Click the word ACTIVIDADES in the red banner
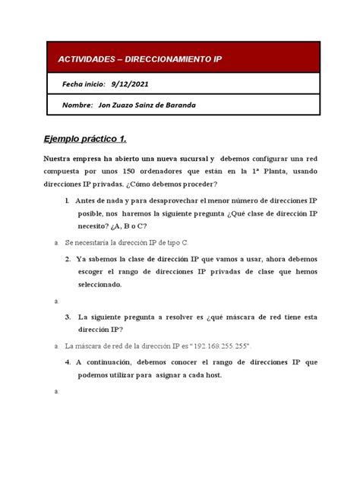(81, 58)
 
